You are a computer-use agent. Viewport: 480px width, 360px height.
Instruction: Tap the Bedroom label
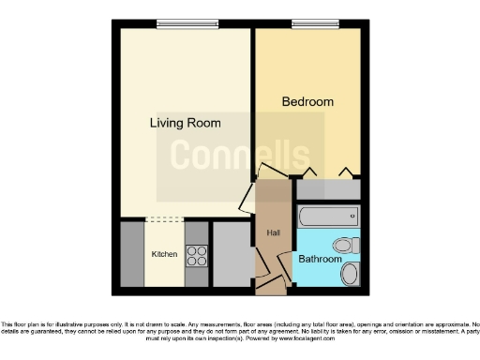[x=307, y=101]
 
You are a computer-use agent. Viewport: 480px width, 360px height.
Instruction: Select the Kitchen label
[x=164, y=254]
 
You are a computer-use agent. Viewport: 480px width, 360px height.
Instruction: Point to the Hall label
[x=273, y=233]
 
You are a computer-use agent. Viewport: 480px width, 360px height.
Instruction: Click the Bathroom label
[x=319, y=259]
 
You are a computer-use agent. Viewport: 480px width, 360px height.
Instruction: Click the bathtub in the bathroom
[x=327, y=217]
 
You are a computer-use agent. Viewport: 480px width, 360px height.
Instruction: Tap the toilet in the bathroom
[x=346, y=246]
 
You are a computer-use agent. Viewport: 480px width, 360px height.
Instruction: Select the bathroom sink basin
[x=349, y=274]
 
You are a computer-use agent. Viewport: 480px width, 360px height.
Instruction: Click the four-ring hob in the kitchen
[x=196, y=254]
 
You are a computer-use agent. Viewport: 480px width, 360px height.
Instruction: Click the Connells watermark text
[x=239, y=155]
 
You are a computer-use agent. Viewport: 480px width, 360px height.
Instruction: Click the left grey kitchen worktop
[x=132, y=254]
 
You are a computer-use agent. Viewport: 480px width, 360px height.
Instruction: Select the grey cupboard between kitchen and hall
[x=231, y=254]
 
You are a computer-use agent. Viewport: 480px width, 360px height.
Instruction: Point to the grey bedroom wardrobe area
[x=327, y=188]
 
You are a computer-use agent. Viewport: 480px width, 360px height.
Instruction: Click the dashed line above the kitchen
[x=164, y=220]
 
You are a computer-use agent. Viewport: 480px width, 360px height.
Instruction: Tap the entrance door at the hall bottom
[x=269, y=280]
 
